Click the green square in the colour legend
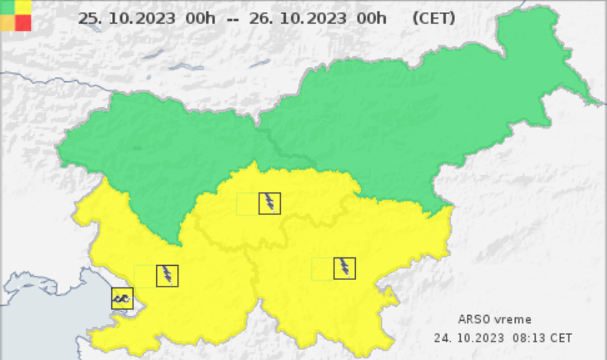[x=7, y=6]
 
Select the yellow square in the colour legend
[x=24, y=6]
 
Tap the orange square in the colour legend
[x=7, y=23]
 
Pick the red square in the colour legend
[x=24, y=23]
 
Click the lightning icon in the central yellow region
[x=269, y=204]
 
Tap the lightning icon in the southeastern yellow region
[x=344, y=268]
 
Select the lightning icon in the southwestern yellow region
[x=167, y=276]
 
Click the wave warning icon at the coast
[x=122, y=298]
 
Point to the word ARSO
[x=473, y=319]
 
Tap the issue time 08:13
[x=525, y=336]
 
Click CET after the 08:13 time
[x=561, y=336]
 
